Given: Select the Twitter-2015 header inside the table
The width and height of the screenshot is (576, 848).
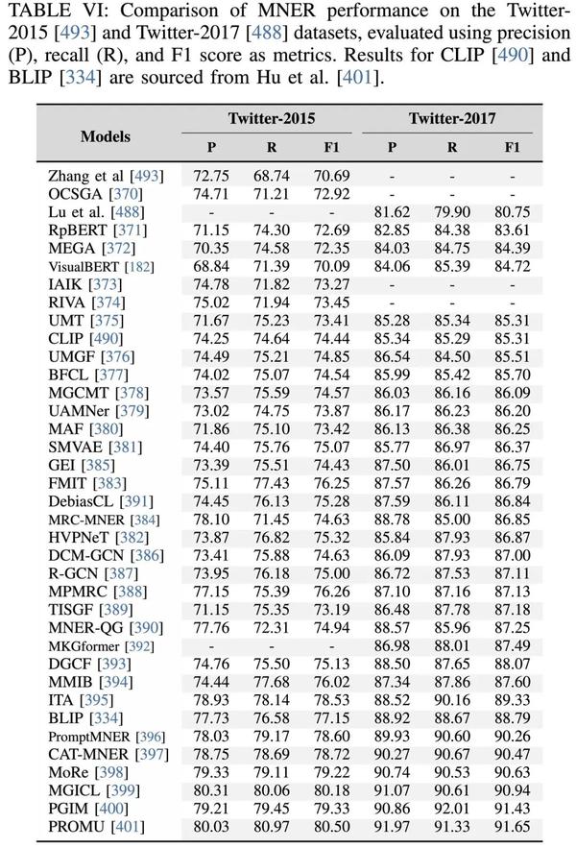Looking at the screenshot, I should click(270, 119).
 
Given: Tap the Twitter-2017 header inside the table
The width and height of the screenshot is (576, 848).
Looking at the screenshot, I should click(452, 119).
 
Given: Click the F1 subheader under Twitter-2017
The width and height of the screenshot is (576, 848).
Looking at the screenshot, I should click(512, 148).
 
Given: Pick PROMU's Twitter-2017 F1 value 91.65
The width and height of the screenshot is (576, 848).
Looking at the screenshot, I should click(512, 825).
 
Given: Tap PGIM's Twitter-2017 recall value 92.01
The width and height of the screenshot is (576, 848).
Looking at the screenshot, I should click(452, 808).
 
